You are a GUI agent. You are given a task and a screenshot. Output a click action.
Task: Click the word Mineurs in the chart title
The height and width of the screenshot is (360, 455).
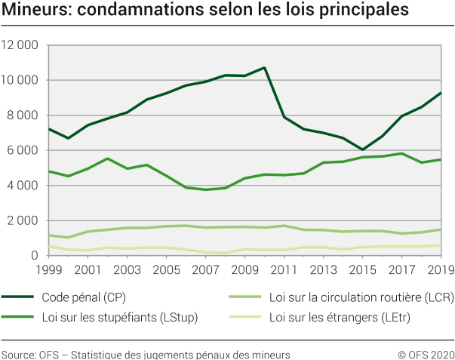coord(31,11)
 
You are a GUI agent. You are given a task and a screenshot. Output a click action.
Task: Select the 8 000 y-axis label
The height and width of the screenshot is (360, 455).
coord(23,115)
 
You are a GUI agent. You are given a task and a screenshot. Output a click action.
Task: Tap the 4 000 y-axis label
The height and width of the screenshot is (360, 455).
coord(23,186)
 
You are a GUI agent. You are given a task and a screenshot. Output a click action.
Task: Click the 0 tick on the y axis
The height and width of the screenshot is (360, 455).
coord(36,256)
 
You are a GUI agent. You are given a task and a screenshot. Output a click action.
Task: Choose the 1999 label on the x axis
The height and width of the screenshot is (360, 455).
coord(48,269)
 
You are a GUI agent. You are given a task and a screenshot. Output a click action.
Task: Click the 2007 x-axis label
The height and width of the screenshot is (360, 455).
coord(205,269)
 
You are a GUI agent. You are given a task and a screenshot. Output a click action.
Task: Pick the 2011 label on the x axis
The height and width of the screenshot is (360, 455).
coord(284,269)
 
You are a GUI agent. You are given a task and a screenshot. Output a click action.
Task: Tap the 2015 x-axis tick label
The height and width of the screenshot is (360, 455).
coord(362,269)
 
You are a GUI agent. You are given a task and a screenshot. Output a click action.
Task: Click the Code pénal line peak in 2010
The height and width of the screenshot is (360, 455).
coord(264,68)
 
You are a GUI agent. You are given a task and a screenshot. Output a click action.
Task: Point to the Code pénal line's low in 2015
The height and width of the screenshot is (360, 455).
coord(362,149)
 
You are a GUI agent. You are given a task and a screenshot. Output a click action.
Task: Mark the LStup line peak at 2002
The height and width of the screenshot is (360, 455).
coord(107,158)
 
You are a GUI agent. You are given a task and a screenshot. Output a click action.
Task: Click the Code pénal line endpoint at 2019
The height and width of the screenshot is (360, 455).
coord(441,93)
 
